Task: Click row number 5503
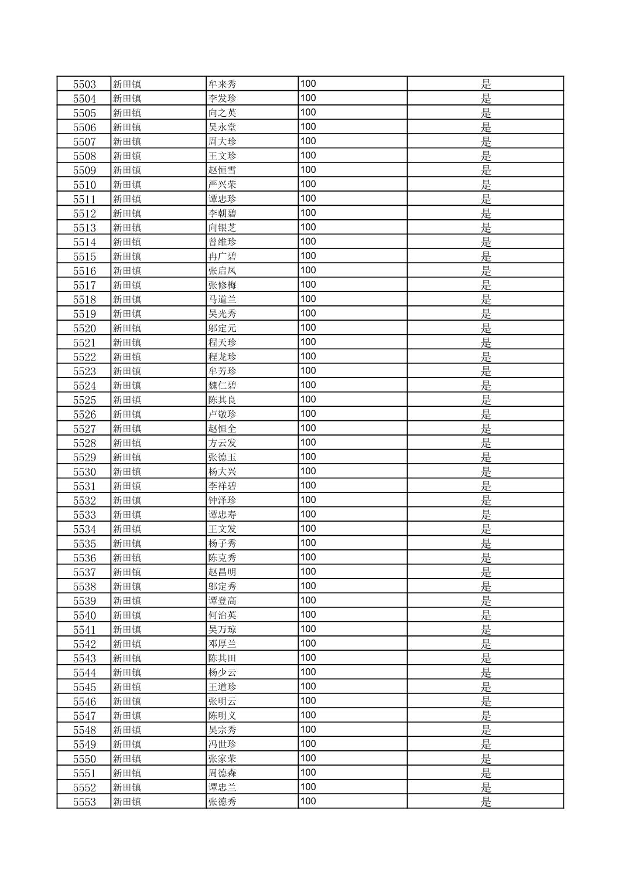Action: tap(84, 84)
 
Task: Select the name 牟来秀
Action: tap(223, 84)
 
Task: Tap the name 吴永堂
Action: tap(223, 127)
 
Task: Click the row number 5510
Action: tap(84, 185)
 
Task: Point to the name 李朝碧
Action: tap(223, 213)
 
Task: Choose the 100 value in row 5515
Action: tap(308, 256)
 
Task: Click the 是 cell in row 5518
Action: tap(486, 300)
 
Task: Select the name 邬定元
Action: tap(223, 328)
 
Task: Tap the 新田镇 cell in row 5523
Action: tap(127, 371)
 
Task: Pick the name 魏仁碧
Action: tap(223, 386)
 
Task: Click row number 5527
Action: tap(84, 429)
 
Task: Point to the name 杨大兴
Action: tap(223, 472)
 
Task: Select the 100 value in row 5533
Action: tap(308, 515)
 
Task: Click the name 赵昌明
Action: tap(223, 572)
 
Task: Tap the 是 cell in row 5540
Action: tap(486, 615)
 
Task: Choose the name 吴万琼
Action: tap(223, 630)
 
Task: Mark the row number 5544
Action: tap(84, 673)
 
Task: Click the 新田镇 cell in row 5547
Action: tap(127, 716)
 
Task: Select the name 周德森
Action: tap(223, 773)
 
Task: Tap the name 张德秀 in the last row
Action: tap(223, 802)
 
